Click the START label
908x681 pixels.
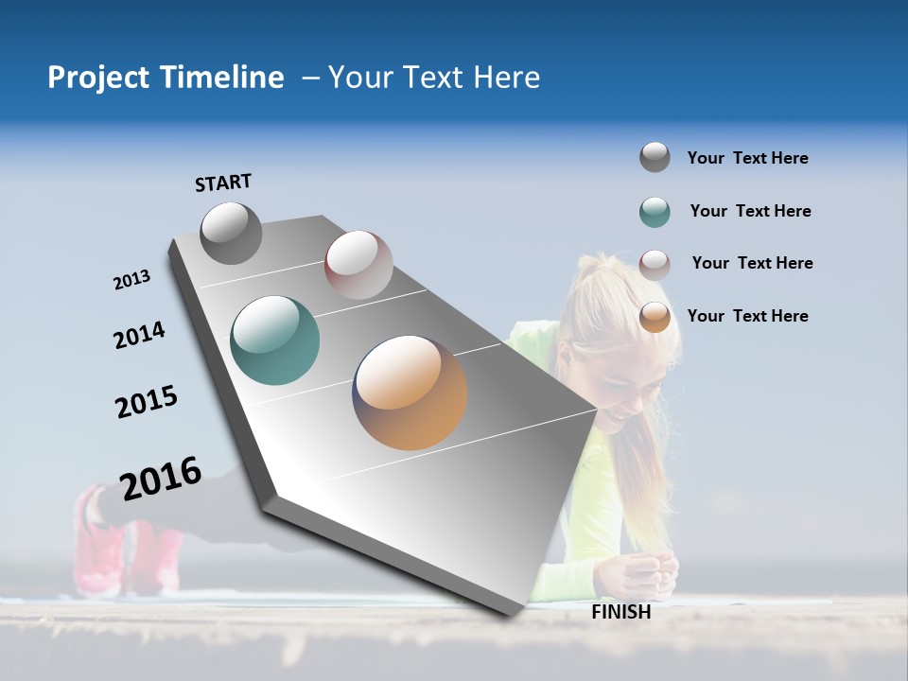(x=223, y=183)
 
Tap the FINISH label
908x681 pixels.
(x=620, y=612)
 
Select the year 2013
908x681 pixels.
(x=131, y=280)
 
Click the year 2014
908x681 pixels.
(x=139, y=336)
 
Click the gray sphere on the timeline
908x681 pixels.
(x=231, y=233)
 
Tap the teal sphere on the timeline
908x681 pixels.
(x=274, y=340)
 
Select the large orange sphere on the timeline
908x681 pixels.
(x=410, y=392)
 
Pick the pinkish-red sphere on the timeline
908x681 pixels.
(x=358, y=264)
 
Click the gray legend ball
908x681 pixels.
(x=655, y=157)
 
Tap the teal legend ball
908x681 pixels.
(x=655, y=212)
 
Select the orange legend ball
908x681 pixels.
(x=655, y=317)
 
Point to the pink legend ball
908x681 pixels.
(x=655, y=265)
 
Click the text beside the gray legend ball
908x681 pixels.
(x=747, y=158)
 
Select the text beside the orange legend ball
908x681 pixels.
(x=747, y=316)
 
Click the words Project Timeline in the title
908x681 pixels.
(x=166, y=78)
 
